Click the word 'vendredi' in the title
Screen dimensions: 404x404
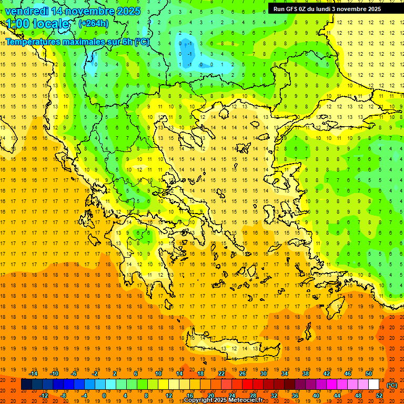25,11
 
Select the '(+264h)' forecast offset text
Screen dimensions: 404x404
94,24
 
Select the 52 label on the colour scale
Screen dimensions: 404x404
379,396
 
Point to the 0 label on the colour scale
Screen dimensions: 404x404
104,396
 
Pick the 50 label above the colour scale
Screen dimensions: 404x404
368,373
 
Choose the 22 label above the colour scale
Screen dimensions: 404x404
221,373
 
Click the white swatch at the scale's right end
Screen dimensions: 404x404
374,385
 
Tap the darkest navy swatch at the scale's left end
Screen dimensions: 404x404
26,385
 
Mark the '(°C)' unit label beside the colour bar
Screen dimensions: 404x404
392,385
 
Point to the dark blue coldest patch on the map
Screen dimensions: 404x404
186,50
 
